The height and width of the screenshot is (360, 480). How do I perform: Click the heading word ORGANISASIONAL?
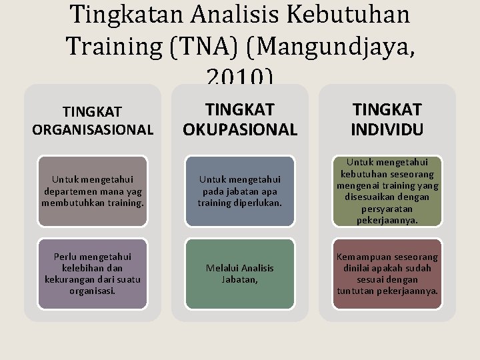(93, 129)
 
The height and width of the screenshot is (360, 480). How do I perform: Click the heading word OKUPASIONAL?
(239, 129)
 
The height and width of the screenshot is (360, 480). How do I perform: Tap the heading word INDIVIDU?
(387, 129)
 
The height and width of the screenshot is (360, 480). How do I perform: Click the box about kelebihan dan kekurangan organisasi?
(93, 273)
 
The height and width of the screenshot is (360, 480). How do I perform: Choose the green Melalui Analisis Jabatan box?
(239, 273)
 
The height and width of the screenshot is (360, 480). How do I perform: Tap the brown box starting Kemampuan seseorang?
(387, 273)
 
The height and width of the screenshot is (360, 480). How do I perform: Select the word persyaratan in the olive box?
(387, 207)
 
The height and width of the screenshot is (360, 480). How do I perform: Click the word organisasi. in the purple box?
(93, 291)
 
